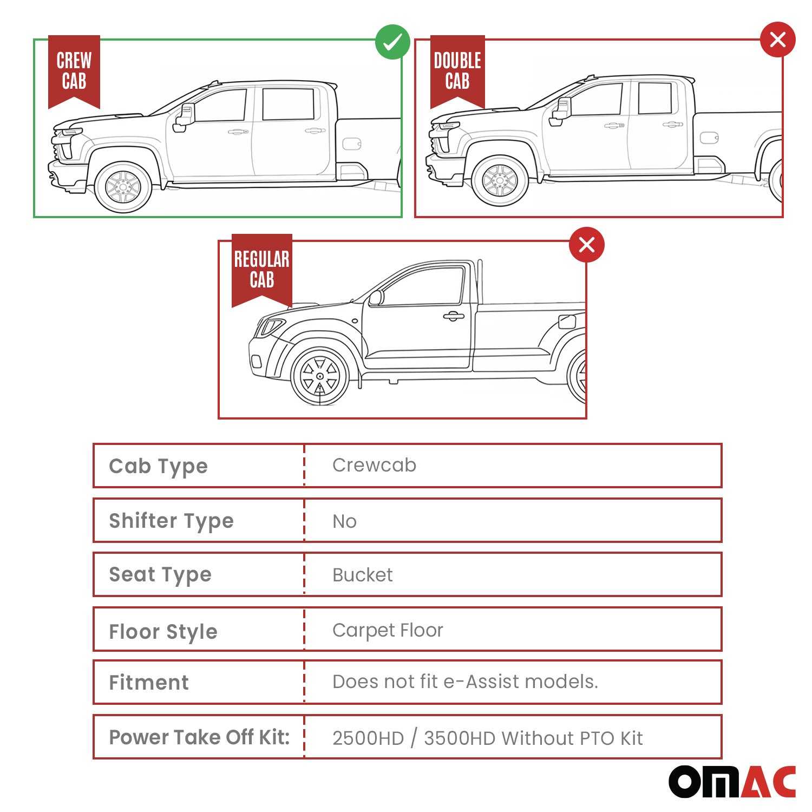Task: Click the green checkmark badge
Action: pyautogui.click(x=392, y=42)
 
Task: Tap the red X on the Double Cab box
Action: pyautogui.click(x=777, y=40)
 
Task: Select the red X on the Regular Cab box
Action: pyautogui.click(x=587, y=245)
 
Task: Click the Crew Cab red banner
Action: pyautogui.click(x=74, y=70)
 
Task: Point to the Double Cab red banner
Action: pyautogui.click(x=457, y=70)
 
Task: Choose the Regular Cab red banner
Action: pyautogui.click(x=262, y=269)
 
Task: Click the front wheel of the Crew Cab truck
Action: pyautogui.click(x=123, y=187)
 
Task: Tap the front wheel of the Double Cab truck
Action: pyautogui.click(x=500, y=181)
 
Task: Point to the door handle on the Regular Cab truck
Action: pyautogui.click(x=454, y=316)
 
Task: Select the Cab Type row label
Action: pyautogui.click(x=158, y=466)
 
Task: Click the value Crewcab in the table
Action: pyautogui.click(x=374, y=465)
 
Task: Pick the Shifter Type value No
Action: pyautogui.click(x=344, y=521)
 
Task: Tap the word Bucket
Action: pyautogui.click(x=362, y=575)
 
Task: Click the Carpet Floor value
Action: pyautogui.click(x=388, y=630)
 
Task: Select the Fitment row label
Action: pyautogui.click(x=149, y=683)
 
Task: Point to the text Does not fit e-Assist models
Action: pyautogui.click(x=465, y=682)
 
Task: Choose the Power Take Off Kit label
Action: pyautogui.click(x=199, y=737)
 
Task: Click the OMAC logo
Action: pyautogui.click(x=732, y=782)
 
